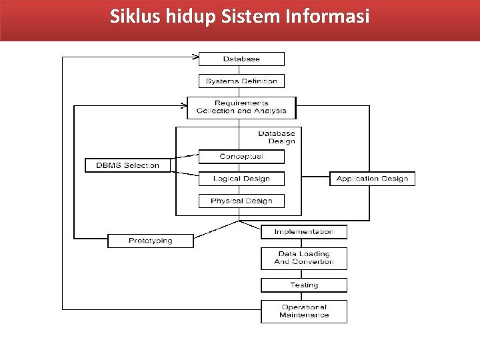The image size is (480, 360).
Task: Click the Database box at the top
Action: [241, 59]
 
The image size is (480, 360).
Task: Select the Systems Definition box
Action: [241, 81]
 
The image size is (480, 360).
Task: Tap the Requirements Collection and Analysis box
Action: [241, 107]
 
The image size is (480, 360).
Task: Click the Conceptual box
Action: [241, 157]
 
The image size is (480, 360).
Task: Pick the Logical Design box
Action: [241, 179]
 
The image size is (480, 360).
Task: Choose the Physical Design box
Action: [241, 201]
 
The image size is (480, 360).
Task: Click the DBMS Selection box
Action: [127, 165]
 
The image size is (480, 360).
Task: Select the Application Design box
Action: [372, 179]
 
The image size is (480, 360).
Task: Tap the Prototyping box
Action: [150, 241]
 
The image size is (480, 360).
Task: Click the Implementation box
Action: [303, 232]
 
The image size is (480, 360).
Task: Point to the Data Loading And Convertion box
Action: [303, 258]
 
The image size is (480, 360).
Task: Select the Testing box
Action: [303, 285]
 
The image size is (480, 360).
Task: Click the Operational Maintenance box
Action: [303, 311]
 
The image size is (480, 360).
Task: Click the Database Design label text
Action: [276, 137]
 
